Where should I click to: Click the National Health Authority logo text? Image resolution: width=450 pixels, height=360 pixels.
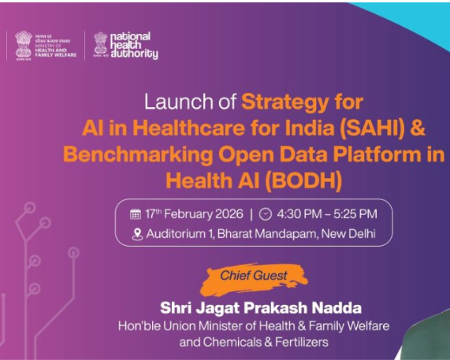click(x=133, y=46)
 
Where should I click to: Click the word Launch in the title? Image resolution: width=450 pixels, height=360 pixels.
click(x=169, y=102)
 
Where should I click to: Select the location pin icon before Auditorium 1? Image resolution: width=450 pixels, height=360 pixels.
click(x=138, y=233)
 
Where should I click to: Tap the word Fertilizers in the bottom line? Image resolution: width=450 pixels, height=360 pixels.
click(x=296, y=342)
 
